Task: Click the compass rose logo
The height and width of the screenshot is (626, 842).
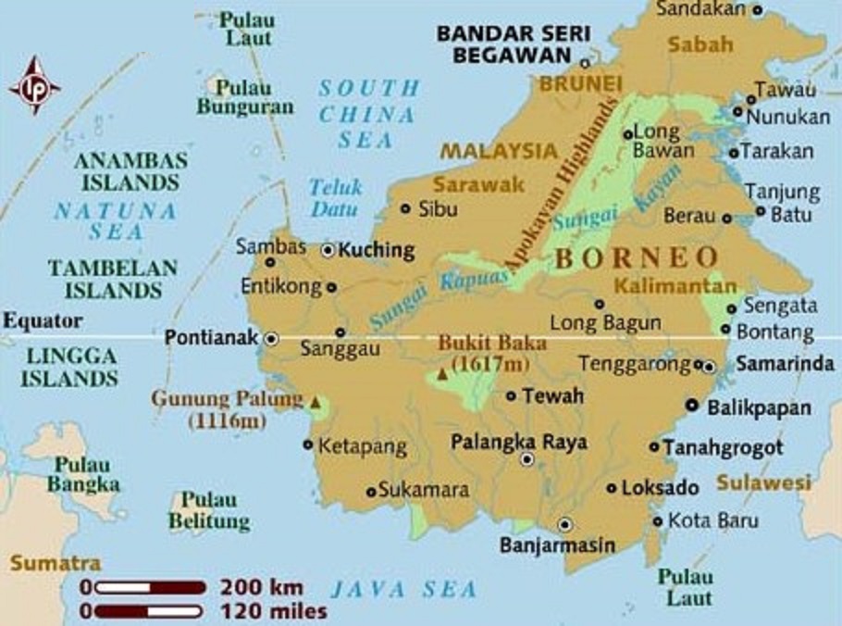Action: (34, 86)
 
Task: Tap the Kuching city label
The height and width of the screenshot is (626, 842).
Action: (377, 250)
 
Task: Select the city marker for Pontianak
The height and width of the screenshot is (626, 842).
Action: (271, 339)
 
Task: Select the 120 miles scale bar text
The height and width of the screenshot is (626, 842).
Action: (273, 611)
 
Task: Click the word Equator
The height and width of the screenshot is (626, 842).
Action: (42, 321)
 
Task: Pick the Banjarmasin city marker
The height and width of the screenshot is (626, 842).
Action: (565, 523)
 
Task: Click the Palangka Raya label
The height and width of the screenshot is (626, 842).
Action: (519, 442)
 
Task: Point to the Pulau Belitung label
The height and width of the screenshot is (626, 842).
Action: (209, 511)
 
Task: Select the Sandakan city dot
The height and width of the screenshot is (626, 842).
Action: (757, 10)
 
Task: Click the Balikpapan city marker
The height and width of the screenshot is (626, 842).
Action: (691, 406)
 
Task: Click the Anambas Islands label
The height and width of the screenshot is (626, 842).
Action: (129, 170)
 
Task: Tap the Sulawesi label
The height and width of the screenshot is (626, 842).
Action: (763, 482)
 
